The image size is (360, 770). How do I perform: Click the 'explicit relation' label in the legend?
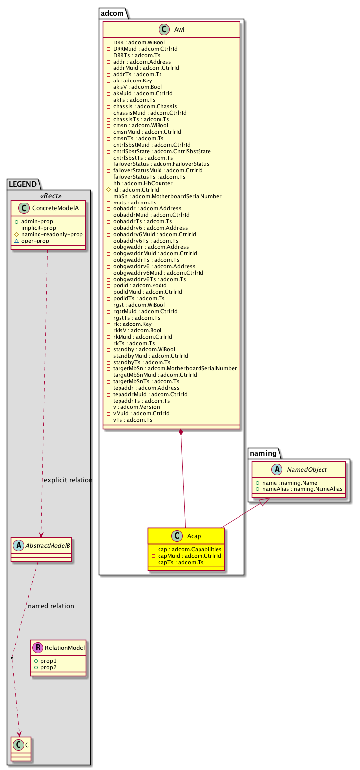[x=68, y=480]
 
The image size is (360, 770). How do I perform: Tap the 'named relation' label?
[x=51, y=606]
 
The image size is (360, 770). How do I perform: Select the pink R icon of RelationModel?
[x=36, y=648]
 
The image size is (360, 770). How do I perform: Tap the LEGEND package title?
[x=22, y=184]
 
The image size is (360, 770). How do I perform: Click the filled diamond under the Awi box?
[x=182, y=433]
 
